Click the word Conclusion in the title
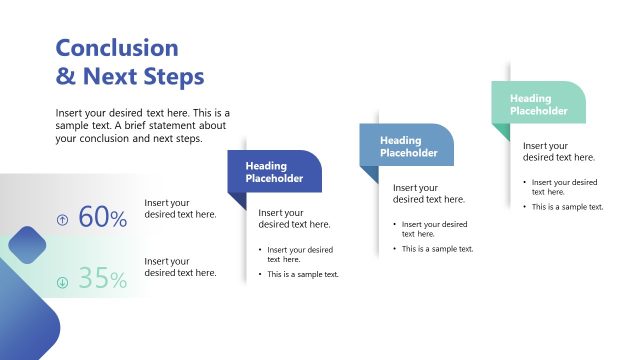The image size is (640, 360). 117,48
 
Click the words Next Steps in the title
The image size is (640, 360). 143,76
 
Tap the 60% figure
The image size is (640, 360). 102,217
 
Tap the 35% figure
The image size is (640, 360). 102,279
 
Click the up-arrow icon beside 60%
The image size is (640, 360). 63,219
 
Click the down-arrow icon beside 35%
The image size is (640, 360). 63,281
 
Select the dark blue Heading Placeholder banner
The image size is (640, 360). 275,172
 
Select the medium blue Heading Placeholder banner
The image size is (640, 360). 408,147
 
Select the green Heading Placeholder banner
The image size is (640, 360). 539,104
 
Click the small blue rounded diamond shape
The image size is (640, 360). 28,245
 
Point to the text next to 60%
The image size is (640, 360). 180,208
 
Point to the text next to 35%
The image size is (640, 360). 180,267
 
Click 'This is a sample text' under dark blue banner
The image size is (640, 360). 303,274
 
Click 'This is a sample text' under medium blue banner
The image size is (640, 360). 437,249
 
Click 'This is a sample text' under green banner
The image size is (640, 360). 567,207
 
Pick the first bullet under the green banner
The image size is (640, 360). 564,187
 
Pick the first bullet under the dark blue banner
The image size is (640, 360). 300,254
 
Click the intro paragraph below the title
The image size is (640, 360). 143,126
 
